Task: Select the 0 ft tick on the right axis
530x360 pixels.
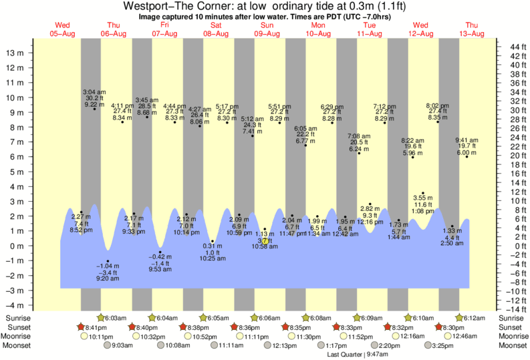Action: (511, 246)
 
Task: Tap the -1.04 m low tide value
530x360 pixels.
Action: (108, 266)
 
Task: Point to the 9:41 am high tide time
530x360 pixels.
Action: (467, 140)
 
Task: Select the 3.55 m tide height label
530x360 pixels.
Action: (422, 198)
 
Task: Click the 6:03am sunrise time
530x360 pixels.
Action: (117, 318)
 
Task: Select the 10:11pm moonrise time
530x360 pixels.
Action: (100, 337)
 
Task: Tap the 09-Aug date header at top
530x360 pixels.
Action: (267, 33)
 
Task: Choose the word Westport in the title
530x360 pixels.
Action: (146, 7)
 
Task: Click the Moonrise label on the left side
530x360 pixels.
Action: (19, 337)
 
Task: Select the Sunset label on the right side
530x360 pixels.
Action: (512, 327)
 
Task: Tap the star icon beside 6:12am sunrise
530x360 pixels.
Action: (460, 318)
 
